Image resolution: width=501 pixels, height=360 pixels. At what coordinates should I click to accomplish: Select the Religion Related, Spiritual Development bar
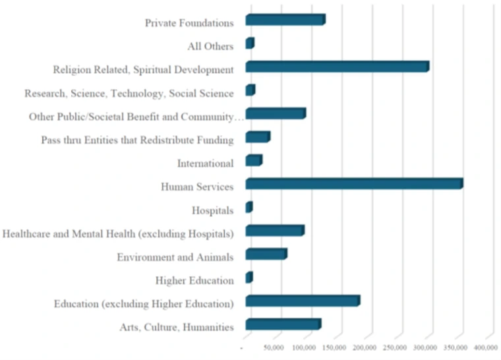(x=337, y=67)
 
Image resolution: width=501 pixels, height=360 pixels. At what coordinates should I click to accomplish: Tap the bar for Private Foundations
(x=285, y=20)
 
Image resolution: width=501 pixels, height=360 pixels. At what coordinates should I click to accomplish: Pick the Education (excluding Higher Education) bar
(x=303, y=301)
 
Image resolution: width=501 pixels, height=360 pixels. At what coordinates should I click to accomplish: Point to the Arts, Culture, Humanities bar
(x=283, y=324)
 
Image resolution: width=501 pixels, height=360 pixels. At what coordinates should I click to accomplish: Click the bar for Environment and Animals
(x=266, y=255)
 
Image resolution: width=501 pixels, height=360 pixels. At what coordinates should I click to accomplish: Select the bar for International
(x=254, y=161)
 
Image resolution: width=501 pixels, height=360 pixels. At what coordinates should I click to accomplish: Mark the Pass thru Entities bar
(x=258, y=137)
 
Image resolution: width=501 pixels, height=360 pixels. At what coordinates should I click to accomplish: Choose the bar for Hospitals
(x=249, y=208)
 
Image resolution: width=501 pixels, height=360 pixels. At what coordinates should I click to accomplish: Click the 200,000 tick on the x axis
(x=365, y=347)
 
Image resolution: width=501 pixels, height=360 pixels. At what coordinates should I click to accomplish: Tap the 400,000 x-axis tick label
(x=485, y=347)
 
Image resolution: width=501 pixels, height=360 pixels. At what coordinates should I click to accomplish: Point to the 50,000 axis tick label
(x=274, y=347)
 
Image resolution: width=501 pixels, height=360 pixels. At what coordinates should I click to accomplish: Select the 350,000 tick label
(x=455, y=347)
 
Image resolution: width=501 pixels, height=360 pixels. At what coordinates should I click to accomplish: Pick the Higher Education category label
(x=194, y=281)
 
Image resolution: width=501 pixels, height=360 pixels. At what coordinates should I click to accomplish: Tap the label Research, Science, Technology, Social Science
(x=129, y=94)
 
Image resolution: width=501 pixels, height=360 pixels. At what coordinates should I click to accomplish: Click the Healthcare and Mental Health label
(x=119, y=233)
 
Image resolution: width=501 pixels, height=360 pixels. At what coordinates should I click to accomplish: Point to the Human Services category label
(x=197, y=187)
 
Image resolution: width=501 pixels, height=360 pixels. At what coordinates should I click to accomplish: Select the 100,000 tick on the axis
(x=304, y=347)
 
